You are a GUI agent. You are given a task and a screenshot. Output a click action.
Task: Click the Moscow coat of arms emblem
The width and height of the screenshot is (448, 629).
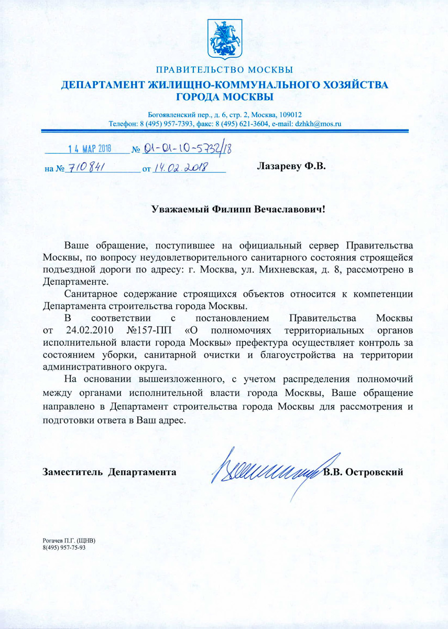point(224,38)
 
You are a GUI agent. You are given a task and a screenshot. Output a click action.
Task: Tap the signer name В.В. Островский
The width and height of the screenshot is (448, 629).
point(363,472)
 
